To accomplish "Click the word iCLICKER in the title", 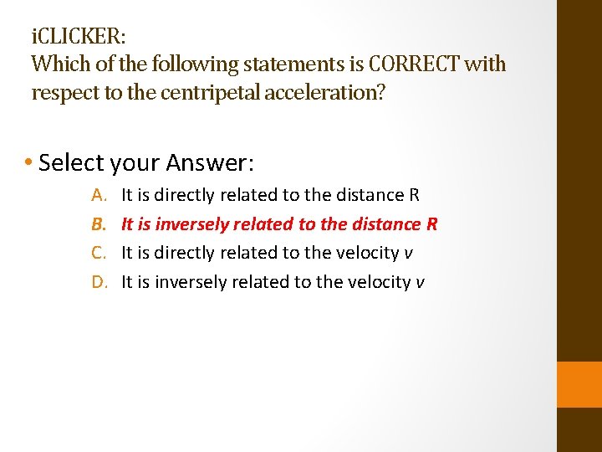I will tap(78, 38).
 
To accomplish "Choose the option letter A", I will tap(99, 195).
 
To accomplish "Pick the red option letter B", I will tap(99, 224).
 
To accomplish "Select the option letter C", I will tap(99, 253).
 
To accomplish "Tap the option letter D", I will tap(99, 282).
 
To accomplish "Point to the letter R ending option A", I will tap(414, 195).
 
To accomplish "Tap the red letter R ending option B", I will tap(432, 224).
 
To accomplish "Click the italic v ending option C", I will tap(409, 254).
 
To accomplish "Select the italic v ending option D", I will tap(421, 283).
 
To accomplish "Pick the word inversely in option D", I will tap(185, 282).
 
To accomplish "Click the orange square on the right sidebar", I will tap(579, 384).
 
